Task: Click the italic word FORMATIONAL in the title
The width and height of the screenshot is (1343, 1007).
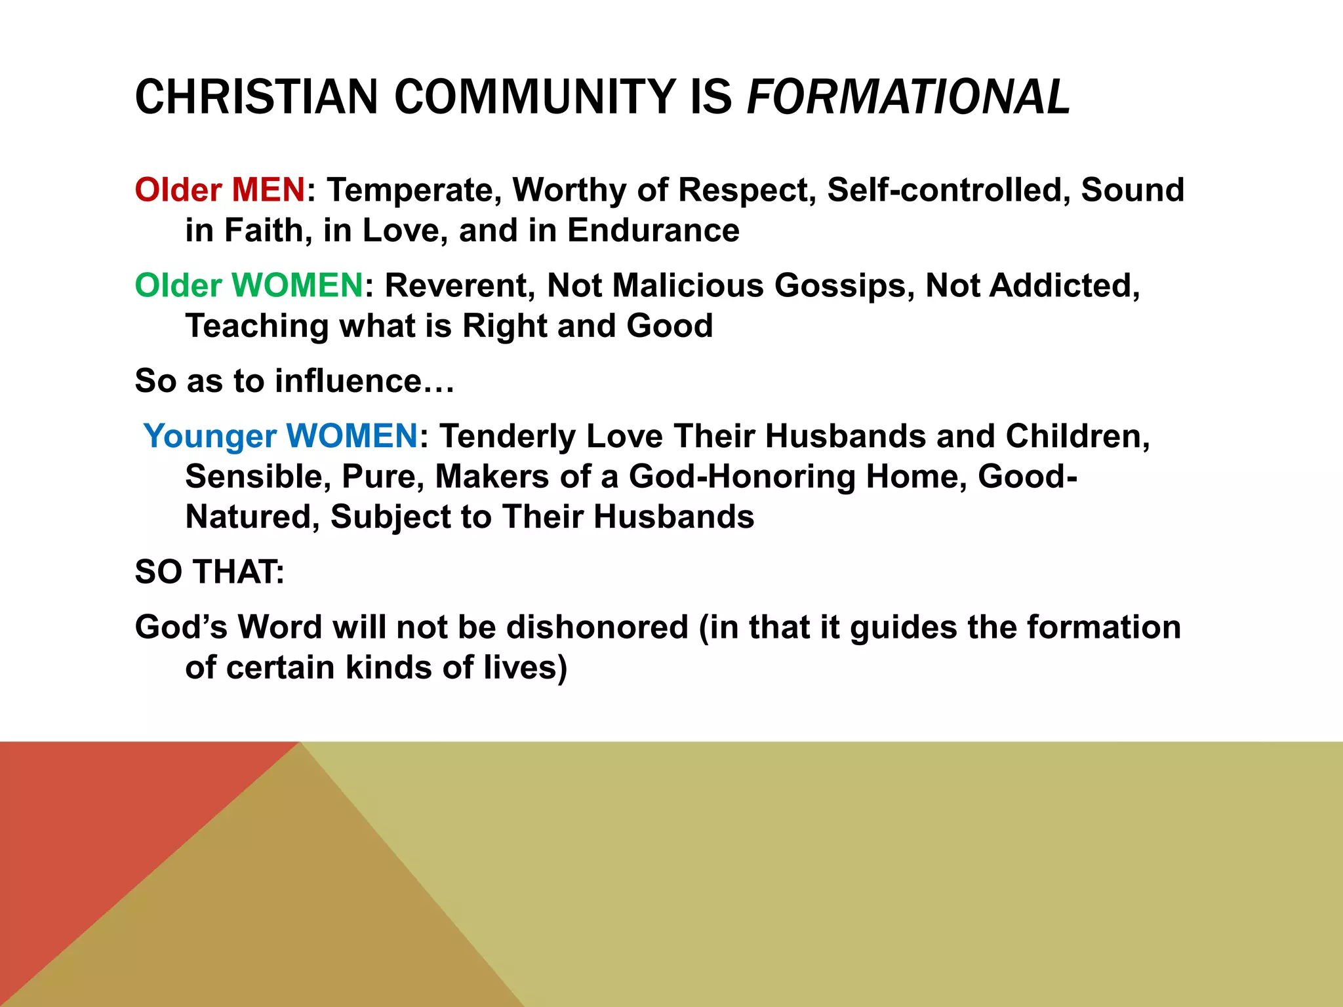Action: point(908,97)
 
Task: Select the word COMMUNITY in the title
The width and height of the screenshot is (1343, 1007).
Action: point(534,97)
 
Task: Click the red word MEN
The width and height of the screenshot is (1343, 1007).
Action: point(268,190)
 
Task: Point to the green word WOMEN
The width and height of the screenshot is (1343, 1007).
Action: point(298,286)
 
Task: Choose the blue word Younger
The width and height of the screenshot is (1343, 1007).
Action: point(210,437)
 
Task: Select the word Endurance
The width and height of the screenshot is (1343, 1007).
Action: point(653,231)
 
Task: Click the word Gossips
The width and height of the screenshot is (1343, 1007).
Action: point(845,286)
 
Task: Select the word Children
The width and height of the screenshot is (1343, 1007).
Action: point(1077,437)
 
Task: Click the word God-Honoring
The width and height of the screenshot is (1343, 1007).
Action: point(742,477)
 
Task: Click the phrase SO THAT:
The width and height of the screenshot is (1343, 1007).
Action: point(210,572)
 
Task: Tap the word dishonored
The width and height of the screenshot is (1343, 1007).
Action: point(597,627)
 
